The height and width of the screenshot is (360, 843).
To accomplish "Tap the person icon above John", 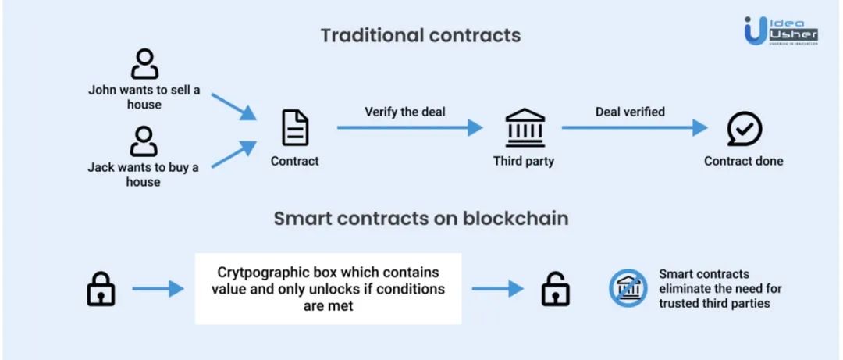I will [x=144, y=64].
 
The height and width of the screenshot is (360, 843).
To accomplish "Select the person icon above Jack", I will [x=144, y=142].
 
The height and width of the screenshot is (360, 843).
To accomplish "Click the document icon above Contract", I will [x=295, y=128].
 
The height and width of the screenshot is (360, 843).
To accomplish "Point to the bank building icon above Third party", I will [x=524, y=128].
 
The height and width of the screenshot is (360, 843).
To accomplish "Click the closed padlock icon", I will [x=100, y=289].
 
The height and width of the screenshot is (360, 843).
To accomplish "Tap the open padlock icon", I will [x=555, y=289].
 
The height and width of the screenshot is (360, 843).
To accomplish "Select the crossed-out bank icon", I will [x=628, y=289].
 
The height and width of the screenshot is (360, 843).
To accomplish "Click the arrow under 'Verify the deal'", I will [x=410, y=128].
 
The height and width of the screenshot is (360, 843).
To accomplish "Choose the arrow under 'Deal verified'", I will [x=634, y=128].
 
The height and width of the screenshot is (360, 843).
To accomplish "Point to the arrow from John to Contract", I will [x=233, y=106].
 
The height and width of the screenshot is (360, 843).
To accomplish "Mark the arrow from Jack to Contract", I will [x=233, y=155].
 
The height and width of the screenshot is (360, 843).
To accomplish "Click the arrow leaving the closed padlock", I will [x=158, y=290].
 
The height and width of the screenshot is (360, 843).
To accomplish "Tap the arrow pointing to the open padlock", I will [x=496, y=289].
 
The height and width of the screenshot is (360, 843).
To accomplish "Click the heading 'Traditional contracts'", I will [x=421, y=36].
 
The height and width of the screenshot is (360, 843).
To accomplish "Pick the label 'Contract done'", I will [x=743, y=161].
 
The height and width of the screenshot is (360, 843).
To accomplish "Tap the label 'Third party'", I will [x=523, y=161].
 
